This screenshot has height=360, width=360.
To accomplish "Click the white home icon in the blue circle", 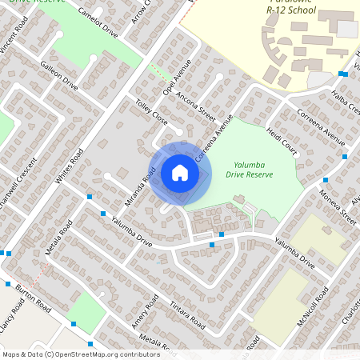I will click(x=180, y=173).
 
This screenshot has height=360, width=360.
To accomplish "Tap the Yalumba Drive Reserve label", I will click(x=250, y=169).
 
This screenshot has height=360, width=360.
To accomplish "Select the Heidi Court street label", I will click(x=282, y=140).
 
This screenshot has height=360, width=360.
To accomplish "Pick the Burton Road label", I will click(x=33, y=298).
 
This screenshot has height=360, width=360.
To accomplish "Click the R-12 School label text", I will click(x=292, y=12).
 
